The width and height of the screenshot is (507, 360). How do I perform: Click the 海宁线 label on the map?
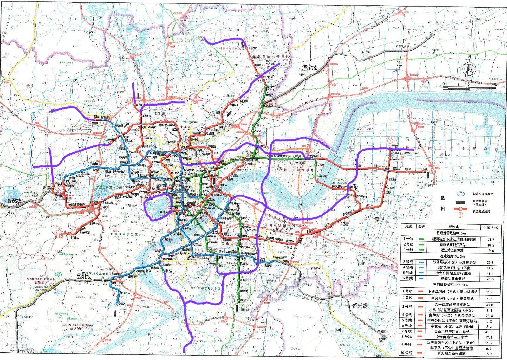(309, 67)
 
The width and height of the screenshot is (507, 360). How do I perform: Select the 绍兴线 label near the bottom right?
(360, 306)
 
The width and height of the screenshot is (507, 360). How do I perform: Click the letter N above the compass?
(469, 56)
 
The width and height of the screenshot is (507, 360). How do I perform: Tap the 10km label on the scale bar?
(495, 85)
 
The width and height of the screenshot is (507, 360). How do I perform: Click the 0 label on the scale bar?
(444, 84)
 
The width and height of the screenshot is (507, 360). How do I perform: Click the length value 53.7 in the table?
(491, 239)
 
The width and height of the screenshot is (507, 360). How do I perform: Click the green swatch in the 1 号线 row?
(421, 239)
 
